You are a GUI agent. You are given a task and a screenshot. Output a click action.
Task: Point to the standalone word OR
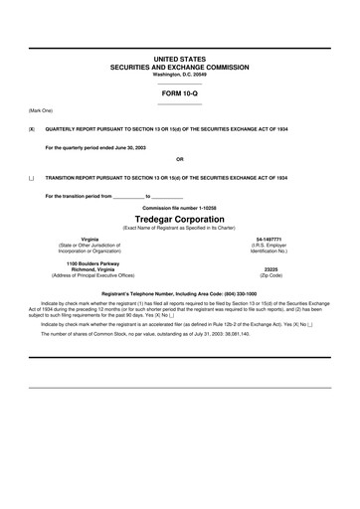pyautogui.click(x=180, y=159)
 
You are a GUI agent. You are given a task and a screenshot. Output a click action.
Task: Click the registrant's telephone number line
pyautogui.click(x=180, y=294)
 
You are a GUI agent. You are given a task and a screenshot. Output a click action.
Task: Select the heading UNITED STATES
pyautogui.click(x=180, y=60)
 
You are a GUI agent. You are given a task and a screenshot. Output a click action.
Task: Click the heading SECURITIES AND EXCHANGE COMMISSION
pyautogui.click(x=180, y=67)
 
